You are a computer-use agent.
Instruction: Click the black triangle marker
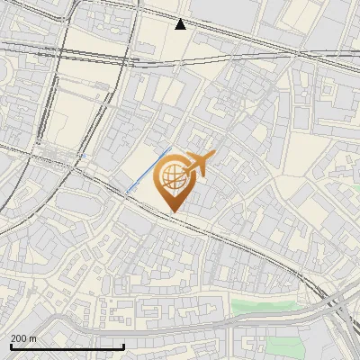[181, 23]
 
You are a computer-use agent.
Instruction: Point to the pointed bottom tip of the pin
[173, 211]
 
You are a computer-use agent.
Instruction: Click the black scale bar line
[67, 347]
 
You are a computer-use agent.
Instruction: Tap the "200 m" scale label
[24, 338]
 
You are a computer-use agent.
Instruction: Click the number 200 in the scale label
[20, 338]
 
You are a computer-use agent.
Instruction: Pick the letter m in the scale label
[33, 338]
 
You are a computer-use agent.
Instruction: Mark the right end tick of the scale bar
[124, 346]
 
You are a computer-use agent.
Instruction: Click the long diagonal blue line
[148, 169]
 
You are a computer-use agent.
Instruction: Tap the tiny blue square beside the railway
[81, 155]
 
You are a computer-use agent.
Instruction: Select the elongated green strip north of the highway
[270, 306]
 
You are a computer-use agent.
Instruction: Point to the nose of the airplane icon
[213, 155]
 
